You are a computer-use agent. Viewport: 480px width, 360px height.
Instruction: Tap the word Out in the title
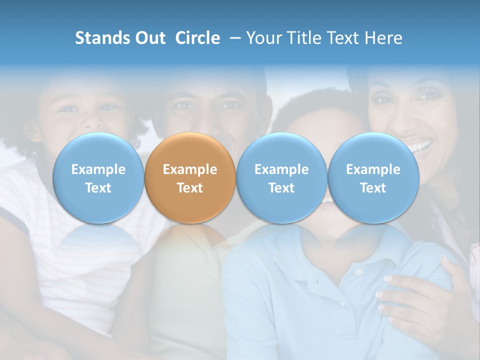[x=149, y=38]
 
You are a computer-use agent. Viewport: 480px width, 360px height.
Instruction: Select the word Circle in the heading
[x=197, y=38]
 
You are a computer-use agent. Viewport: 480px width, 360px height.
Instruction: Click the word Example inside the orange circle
[x=190, y=169]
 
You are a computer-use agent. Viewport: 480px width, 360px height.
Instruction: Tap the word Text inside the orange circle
[x=190, y=188]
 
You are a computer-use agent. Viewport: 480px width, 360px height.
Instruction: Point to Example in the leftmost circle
[x=98, y=169]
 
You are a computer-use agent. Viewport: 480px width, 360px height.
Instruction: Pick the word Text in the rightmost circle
[x=373, y=188]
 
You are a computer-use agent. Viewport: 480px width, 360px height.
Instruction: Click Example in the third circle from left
[x=281, y=169]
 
